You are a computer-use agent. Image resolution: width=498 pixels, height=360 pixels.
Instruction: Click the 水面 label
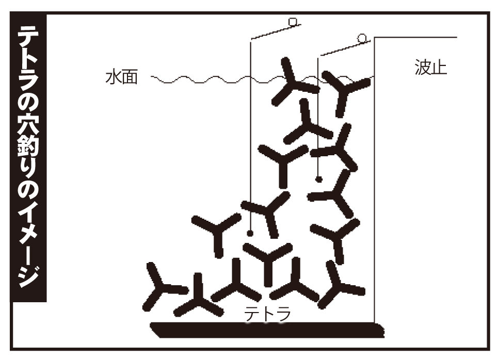click(121, 78)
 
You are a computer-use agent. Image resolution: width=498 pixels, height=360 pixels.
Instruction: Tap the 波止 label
click(430, 68)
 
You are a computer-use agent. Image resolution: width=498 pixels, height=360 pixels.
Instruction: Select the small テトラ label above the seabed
click(267, 314)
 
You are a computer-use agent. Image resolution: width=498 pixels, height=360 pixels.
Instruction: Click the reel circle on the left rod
click(293, 22)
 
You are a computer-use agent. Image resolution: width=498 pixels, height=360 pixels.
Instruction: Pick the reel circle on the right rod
click(362, 38)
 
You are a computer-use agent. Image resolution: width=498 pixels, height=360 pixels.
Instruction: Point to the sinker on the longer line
click(250, 233)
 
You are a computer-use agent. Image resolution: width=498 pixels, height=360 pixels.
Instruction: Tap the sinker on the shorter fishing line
click(319, 179)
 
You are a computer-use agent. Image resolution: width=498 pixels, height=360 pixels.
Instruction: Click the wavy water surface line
click(206, 80)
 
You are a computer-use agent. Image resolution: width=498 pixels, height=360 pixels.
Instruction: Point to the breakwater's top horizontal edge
click(415, 37)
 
